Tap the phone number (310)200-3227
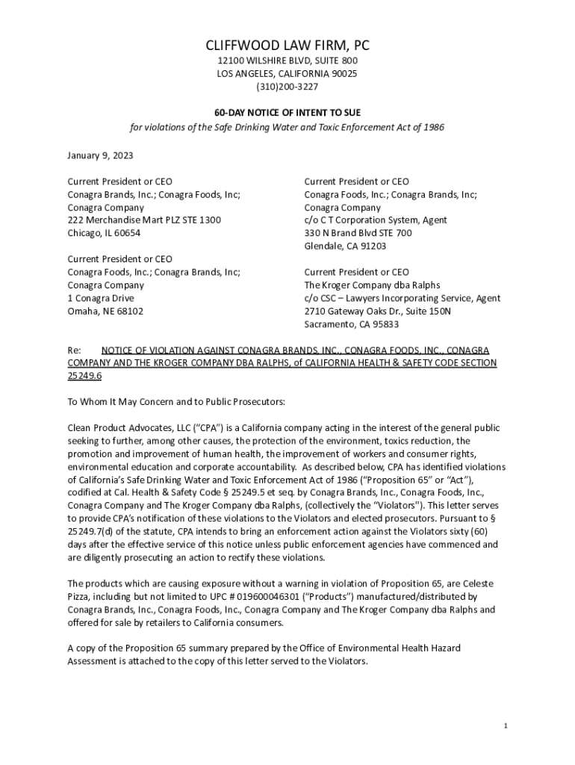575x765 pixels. [287, 87]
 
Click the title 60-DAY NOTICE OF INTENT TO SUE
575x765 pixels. [287, 112]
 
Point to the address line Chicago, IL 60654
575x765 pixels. [104, 233]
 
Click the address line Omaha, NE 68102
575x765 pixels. [105, 311]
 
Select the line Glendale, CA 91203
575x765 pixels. [345, 246]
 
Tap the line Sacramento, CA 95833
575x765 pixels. [351, 324]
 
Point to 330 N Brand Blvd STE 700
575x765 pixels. [358, 233]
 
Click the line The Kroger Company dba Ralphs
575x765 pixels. [372, 285]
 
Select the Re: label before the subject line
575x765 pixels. [74, 350]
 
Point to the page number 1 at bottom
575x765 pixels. [506, 726]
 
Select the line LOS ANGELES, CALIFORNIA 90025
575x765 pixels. [287, 74]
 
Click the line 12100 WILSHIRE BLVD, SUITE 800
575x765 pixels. [287, 61]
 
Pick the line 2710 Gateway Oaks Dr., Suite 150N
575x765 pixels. [377, 311]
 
